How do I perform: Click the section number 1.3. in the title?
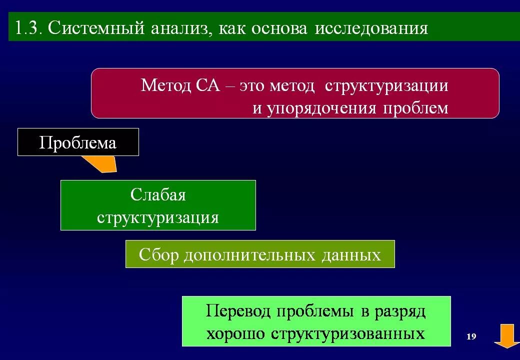(x=28, y=28)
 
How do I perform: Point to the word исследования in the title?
(x=371, y=28)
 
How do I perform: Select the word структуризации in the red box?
(x=386, y=85)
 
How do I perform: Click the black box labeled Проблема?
(x=78, y=142)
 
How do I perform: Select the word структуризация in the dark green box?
(x=158, y=217)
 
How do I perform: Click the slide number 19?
(x=471, y=336)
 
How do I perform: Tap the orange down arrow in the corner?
(x=506, y=335)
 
